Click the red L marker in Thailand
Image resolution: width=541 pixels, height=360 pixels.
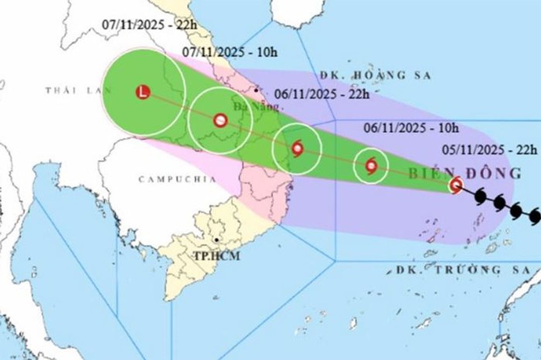143,92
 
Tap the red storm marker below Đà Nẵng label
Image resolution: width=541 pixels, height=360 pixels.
220,121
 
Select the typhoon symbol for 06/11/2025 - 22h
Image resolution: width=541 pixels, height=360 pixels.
297,149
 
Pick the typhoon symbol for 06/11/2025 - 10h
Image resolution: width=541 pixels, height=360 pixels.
371,166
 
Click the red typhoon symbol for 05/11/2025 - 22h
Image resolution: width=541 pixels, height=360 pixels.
456,185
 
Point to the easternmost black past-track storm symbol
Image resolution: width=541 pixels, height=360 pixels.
535,216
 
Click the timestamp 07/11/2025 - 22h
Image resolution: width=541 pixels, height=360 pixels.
149,25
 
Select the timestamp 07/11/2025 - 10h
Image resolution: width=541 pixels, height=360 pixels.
230,52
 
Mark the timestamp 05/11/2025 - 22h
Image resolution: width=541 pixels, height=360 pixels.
489,150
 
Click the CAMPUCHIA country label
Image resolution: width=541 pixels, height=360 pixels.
177,180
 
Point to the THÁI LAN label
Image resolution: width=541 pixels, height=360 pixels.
78,90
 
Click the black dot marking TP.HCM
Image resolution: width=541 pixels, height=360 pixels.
216,240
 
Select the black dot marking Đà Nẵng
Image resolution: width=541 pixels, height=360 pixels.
256,90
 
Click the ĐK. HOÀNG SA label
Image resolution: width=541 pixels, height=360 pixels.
375,76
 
